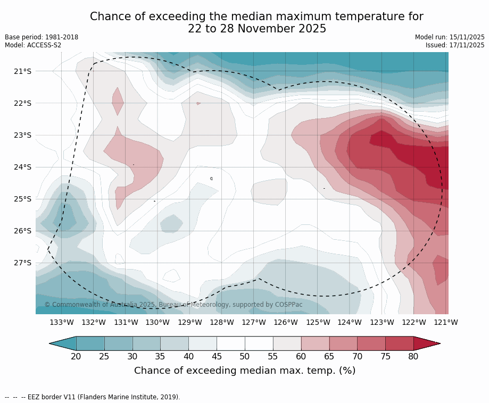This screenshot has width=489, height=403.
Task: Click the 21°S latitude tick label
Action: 23,71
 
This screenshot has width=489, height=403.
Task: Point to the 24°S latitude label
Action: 23,167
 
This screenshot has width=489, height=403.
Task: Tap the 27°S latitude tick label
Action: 23,263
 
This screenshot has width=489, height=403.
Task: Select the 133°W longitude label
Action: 62,322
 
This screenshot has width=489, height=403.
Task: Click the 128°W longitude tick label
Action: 222,322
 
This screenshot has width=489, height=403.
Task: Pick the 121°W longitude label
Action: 446,322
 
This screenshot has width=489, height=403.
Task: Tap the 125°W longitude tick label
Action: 318,322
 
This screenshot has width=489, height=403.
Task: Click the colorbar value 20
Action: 76,356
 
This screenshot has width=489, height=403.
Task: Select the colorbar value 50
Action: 245,356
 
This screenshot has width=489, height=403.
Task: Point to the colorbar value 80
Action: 413,356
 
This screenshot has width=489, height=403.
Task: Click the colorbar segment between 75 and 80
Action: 399,343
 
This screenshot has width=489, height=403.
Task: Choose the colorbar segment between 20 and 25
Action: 90,343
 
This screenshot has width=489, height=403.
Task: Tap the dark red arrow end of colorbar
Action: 426,343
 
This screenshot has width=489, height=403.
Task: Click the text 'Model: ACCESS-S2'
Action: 33,45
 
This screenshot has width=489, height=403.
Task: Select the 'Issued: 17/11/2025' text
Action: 455,45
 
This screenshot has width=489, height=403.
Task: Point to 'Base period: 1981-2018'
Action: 42,37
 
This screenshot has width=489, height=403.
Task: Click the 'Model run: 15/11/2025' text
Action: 450,37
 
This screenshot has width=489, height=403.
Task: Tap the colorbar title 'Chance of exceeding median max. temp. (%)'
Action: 245,371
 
